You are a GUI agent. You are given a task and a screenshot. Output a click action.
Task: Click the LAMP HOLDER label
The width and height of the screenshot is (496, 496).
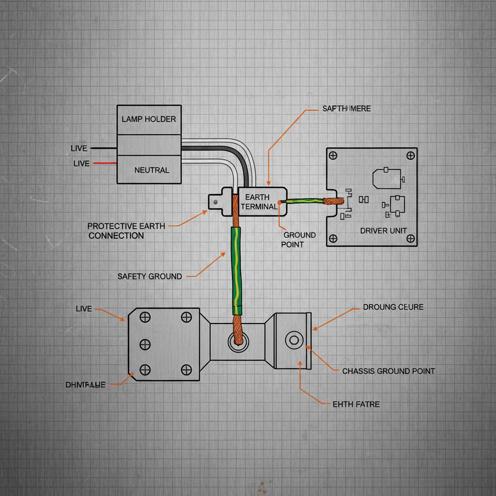point(149,119)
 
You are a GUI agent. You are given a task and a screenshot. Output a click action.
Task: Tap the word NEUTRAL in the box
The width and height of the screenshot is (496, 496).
point(152,170)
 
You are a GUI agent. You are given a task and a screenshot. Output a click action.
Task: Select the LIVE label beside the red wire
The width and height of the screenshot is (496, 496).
point(81,164)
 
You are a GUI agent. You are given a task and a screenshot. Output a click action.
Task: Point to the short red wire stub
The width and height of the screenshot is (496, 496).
point(104,163)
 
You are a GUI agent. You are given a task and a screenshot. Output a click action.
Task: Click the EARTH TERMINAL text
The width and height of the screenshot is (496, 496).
point(259,202)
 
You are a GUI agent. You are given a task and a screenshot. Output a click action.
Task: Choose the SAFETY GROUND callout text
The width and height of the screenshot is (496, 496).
point(150,277)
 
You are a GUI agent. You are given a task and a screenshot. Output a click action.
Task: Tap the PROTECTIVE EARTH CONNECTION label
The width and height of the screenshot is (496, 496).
point(126,231)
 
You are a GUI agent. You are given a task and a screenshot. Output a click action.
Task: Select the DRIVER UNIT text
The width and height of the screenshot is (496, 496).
point(383,231)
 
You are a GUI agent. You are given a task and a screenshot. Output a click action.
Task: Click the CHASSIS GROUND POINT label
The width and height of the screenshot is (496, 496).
point(388,371)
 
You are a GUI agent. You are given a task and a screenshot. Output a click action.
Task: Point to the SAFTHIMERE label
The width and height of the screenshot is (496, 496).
point(346,108)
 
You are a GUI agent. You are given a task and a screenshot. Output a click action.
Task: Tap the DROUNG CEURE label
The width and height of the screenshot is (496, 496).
point(393,307)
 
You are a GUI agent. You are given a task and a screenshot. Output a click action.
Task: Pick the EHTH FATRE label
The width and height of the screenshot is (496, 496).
point(356,404)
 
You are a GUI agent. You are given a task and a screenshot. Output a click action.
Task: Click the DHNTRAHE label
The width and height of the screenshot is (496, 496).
point(85,385)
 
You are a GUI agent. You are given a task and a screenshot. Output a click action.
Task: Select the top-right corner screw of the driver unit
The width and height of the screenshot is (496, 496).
point(410,155)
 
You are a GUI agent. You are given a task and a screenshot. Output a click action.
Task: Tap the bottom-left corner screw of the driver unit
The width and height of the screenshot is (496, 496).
point(333,238)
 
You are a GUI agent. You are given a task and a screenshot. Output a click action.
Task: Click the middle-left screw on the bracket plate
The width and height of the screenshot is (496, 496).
point(144,344)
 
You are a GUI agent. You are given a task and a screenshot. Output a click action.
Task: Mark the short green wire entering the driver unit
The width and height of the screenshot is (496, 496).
point(305,201)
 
